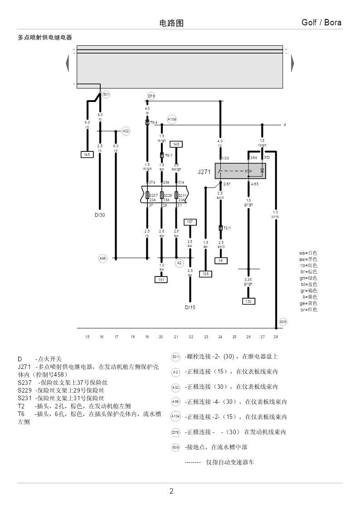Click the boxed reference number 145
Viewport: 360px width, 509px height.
87,155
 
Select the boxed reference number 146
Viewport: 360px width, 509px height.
175,144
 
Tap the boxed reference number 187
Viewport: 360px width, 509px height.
190,222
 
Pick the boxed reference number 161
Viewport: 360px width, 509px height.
161,280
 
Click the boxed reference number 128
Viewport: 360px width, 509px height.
206,274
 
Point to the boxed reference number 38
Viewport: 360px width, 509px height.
221,261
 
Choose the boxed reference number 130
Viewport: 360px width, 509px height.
248,301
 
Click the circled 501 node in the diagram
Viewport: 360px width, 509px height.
106,94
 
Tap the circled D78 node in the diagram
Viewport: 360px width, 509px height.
151,96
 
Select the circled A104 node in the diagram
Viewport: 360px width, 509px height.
172,119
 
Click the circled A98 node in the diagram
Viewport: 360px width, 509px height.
103,258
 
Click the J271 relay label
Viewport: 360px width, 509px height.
204,172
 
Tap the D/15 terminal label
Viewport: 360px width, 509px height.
190,307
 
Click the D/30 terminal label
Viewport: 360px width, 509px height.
100,215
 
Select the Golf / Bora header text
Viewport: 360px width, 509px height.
321,23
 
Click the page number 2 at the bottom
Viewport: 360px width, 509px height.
171,491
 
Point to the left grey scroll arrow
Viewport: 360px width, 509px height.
68,63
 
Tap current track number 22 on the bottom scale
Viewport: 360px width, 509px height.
191,337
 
